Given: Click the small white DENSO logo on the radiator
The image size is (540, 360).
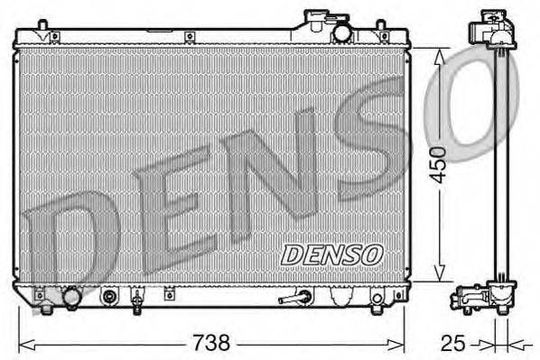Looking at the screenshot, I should pyautogui.click(x=331, y=255).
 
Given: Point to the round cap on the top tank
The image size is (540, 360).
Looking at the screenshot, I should pyautogui.click(x=341, y=32).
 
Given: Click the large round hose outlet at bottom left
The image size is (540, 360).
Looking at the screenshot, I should pyautogui.click(x=71, y=298).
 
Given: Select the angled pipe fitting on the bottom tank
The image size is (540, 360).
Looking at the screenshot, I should pyautogui.click(x=294, y=297).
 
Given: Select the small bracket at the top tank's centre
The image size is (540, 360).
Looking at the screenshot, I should pyautogui.click(x=191, y=37).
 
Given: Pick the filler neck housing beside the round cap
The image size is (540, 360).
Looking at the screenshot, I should pyautogui.click(x=318, y=22).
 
